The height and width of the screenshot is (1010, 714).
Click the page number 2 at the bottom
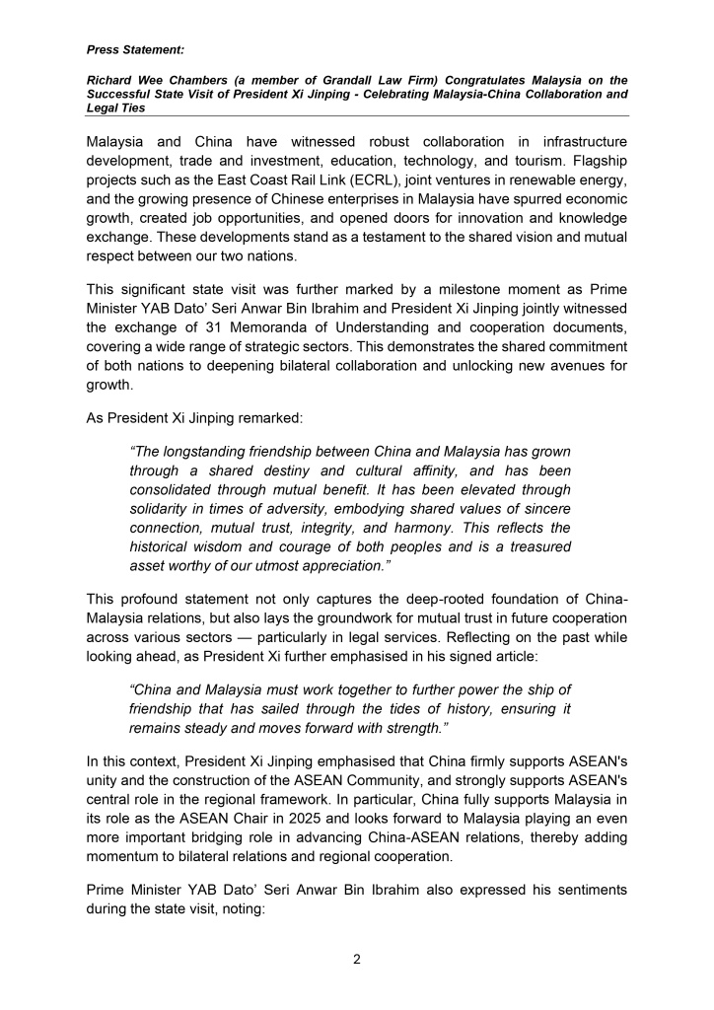(x=357, y=957)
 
